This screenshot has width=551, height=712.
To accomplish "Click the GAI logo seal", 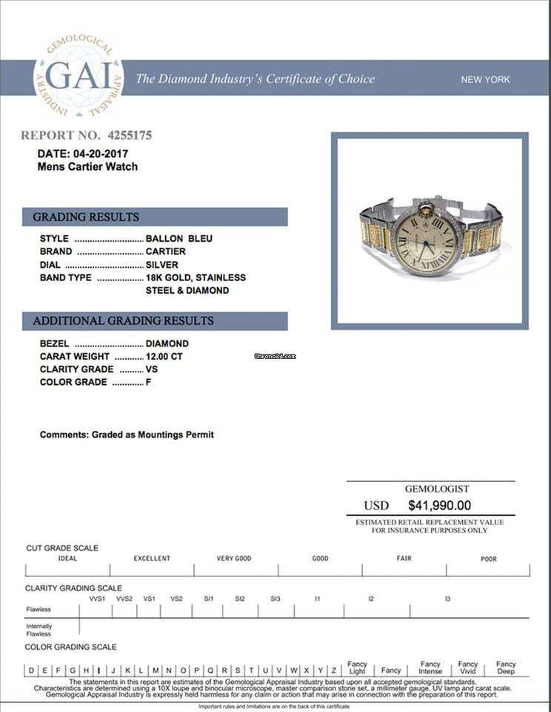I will pyautogui.click(x=79, y=77).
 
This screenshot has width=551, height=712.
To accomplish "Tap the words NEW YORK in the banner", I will pyautogui.click(x=485, y=79).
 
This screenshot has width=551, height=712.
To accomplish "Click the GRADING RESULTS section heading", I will pyautogui.click(x=86, y=217).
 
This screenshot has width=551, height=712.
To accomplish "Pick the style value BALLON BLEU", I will pyautogui.click(x=178, y=239).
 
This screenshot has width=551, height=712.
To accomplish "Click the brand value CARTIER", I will pyautogui.click(x=166, y=251).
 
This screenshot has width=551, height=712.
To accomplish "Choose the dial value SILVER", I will pyautogui.click(x=161, y=264).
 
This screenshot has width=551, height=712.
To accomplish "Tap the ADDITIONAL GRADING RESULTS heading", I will pyautogui.click(x=123, y=321).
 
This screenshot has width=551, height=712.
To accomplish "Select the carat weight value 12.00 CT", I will pyautogui.click(x=164, y=356).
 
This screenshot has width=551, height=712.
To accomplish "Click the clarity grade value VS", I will pyautogui.click(x=152, y=369).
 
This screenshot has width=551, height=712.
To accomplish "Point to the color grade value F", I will pyautogui.click(x=149, y=382).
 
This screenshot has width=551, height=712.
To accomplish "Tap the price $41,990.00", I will pyautogui.click(x=439, y=506).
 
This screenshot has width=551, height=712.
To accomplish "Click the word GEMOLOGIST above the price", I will pyautogui.click(x=437, y=489).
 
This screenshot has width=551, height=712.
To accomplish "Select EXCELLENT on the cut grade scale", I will pyautogui.click(x=152, y=558).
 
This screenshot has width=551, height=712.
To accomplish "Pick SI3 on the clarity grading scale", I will pyautogui.click(x=275, y=599).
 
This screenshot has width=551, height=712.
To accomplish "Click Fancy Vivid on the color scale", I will pyautogui.click(x=468, y=667).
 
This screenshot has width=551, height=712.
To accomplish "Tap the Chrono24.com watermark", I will pyautogui.click(x=275, y=356).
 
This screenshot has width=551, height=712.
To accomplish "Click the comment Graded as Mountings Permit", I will pyautogui.click(x=152, y=435).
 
